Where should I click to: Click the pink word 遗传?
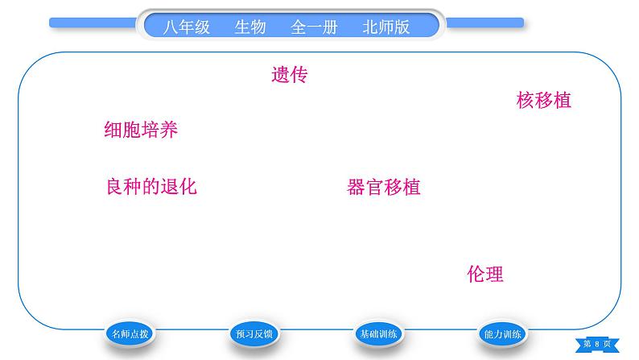coord(290,75)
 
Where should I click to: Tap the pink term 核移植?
coord(543,101)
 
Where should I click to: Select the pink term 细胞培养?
coord(141,130)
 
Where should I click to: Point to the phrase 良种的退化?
coord(151,187)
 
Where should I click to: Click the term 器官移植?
coord(383,188)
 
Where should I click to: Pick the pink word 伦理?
coord(484,274)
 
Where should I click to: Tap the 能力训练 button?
coord(504,334)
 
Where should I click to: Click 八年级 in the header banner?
coord(186,27)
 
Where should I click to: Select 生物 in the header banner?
coord(249,27)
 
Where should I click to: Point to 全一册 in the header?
coord(314,27)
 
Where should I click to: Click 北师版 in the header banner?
coord(386,27)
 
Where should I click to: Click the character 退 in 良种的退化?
coord(169,187)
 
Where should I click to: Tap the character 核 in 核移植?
coord(526,101)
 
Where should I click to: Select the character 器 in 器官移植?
coord(356,188)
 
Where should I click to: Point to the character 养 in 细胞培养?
coord(168,130)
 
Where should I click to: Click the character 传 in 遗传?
coord(299,75)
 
